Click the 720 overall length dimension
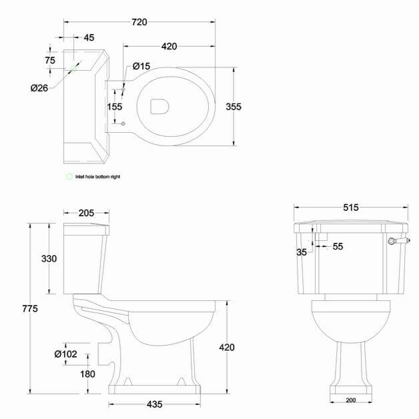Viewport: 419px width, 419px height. click(x=139, y=22)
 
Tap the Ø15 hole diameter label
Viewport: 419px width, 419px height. click(x=141, y=65)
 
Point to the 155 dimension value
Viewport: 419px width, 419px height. click(x=114, y=106)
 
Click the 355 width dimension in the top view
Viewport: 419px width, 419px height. click(x=252, y=107)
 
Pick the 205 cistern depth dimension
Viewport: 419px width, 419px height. click(x=85, y=213)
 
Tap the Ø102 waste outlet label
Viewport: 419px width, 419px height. click(x=66, y=354)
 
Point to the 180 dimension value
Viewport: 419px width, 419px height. click(x=87, y=374)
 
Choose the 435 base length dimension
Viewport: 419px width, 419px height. click(x=154, y=404)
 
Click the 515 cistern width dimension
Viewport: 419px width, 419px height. click(x=352, y=207)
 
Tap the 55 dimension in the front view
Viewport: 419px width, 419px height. click(x=338, y=246)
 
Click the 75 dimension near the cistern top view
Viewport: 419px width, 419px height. click(x=50, y=60)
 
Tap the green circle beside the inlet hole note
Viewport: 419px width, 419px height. click(x=68, y=177)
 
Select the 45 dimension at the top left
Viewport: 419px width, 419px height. click(x=88, y=37)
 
